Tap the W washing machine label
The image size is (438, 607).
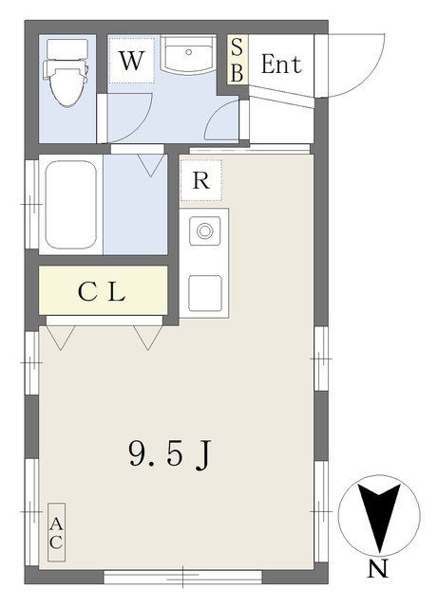(x=131, y=61)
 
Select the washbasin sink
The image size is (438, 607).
(x=188, y=55)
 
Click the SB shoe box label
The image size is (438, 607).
(x=237, y=59)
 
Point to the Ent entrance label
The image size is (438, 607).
(x=281, y=64)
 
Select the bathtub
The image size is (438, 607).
(x=71, y=205)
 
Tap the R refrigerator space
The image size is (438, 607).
(x=201, y=180)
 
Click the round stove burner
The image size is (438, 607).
(x=204, y=231)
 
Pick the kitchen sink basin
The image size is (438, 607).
(x=205, y=293)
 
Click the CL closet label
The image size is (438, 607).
(x=102, y=292)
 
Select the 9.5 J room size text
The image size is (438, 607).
(x=169, y=454)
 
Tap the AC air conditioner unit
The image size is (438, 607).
(x=56, y=532)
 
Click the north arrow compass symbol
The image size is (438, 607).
(x=379, y=516)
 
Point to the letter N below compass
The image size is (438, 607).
(x=377, y=569)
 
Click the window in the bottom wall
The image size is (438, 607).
(x=182, y=576)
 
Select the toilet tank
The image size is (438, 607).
(x=67, y=49)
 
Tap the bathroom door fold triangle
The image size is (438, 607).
(x=151, y=165)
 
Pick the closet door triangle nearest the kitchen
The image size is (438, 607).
(x=148, y=338)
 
